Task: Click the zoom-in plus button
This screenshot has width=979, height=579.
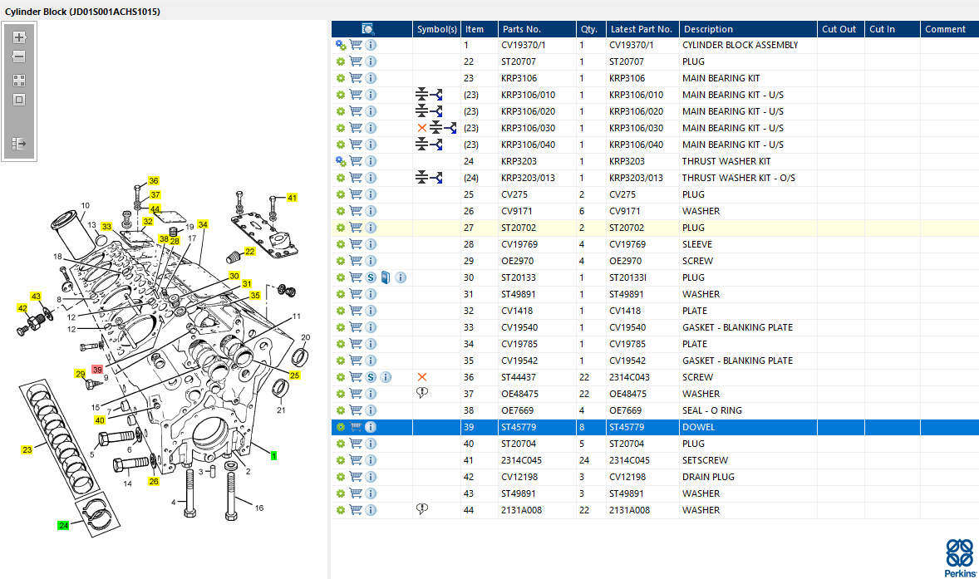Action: [x=19, y=37]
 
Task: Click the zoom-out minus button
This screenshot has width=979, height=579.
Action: [x=19, y=56]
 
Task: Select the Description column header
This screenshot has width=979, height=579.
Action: [x=708, y=29]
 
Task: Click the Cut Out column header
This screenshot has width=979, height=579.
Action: [x=839, y=29]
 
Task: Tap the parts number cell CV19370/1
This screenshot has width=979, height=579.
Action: [x=524, y=45]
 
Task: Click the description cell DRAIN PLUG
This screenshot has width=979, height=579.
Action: [x=708, y=477]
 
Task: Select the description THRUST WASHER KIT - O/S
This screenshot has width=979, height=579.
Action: [x=739, y=178]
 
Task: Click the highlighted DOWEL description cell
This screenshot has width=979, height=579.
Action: [x=698, y=427]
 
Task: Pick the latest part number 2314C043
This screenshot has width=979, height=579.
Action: [x=629, y=377]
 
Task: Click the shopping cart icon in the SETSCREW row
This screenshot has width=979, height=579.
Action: [x=356, y=460]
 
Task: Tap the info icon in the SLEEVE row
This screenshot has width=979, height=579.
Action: [x=371, y=244]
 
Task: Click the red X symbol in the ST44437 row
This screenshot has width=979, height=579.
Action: [x=422, y=377]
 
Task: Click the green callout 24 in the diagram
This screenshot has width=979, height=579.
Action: [x=63, y=525]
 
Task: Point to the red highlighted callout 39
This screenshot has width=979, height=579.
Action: [x=96, y=370]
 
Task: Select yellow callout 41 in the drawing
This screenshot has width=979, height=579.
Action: [x=292, y=198]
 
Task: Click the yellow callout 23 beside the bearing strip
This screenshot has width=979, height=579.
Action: [x=27, y=450]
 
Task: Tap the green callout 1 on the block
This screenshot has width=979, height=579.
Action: [x=273, y=456]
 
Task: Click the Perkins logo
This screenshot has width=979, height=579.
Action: [x=960, y=557]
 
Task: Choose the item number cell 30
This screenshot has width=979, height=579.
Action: [x=469, y=277]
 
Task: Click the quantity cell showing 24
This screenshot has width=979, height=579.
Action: [x=584, y=460]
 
